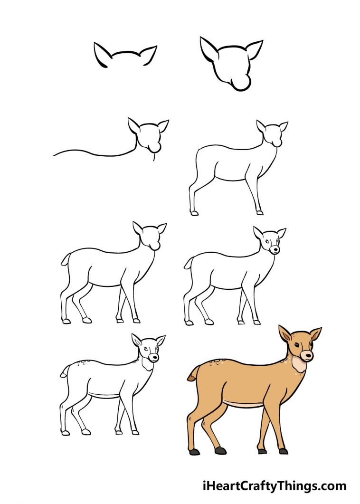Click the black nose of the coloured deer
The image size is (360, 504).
307,354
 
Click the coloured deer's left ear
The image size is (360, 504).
285,334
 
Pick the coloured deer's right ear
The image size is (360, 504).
315,333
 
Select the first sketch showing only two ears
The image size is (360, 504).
125,55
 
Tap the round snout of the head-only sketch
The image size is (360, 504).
242,84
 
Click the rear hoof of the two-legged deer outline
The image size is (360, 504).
194,213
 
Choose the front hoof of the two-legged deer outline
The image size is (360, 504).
259,213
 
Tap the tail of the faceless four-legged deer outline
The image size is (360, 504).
65,260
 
